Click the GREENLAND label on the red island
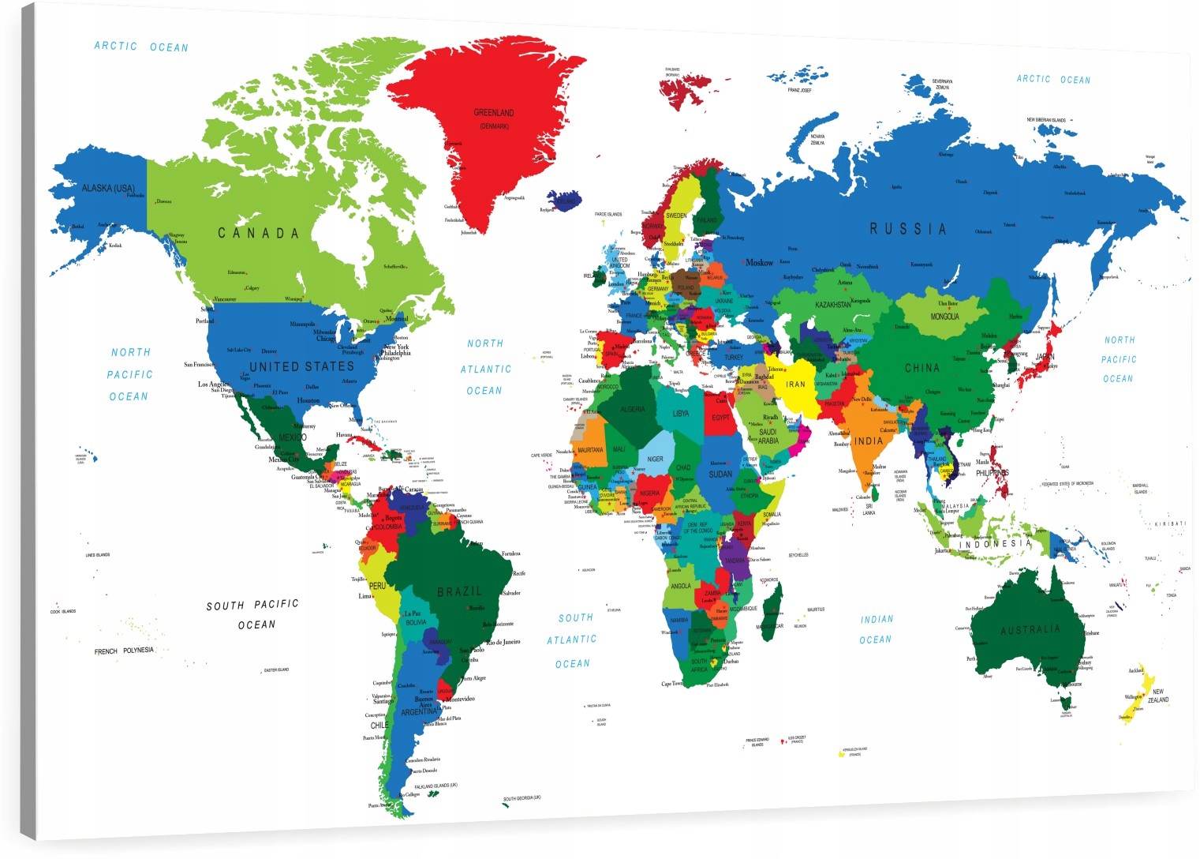494,113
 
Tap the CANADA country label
259,233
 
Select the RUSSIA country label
907,229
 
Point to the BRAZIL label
459,591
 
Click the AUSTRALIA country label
1030,630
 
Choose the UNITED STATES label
302,366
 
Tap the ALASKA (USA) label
108,189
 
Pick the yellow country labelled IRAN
795,384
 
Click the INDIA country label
869,441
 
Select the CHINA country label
922,368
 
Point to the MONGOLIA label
944,317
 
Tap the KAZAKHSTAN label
833,305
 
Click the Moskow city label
759,263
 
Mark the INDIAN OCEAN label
876,629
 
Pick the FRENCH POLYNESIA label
124,651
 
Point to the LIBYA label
681,414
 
